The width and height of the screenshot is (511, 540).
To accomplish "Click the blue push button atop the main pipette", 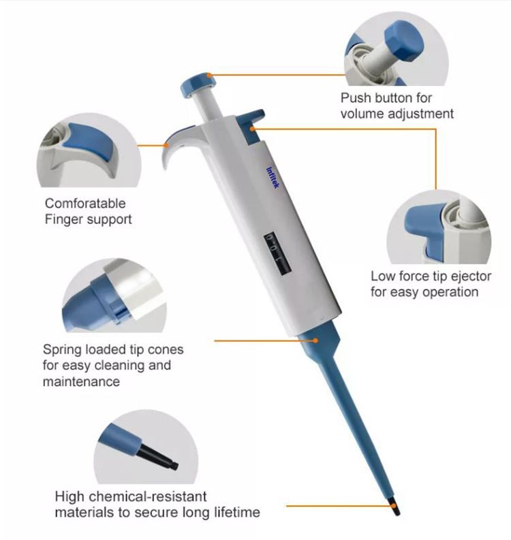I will [x=198, y=83].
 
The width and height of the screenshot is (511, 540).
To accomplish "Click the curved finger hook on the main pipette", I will [x=173, y=146].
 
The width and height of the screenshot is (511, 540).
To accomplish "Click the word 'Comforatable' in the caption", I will [x=85, y=203].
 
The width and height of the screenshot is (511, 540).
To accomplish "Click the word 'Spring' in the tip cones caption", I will [x=62, y=349].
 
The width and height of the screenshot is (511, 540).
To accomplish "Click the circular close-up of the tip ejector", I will [x=439, y=227].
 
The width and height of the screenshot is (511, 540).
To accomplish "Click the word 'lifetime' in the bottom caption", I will [x=236, y=512].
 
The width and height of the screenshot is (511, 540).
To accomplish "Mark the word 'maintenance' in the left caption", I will [x=81, y=382].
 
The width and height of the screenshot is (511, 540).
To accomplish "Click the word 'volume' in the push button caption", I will [x=361, y=114].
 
